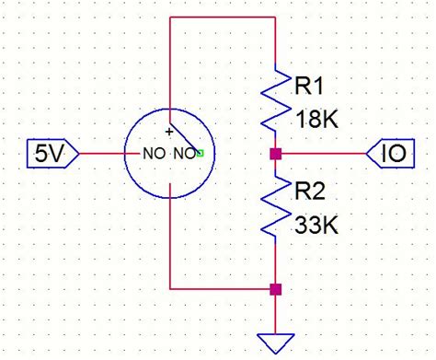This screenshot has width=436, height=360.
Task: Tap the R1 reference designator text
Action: click(x=311, y=87)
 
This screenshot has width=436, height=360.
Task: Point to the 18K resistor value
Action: click(x=318, y=119)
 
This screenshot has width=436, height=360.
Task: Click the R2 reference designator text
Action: click(x=311, y=192)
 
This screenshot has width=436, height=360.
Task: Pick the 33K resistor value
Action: click(x=318, y=224)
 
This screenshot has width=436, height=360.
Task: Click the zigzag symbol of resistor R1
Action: click(x=275, y=101)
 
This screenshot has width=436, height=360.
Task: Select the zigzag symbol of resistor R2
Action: click(x=275, y=207)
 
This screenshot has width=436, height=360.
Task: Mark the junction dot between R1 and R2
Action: click(x=275, y=154)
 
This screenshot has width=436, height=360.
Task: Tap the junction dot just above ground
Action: click(x=275, y=289)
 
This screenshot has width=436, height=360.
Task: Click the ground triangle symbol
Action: click(x=275, y=342)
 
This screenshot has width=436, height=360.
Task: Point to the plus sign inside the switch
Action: click(x=169, y=133)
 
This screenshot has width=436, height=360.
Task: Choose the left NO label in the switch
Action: click(x=153, y=154)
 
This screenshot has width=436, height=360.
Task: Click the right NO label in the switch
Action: click(x=185, y=154)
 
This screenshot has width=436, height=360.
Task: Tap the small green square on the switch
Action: click(x=200, y=154)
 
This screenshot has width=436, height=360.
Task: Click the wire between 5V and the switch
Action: click(x=103, y=153)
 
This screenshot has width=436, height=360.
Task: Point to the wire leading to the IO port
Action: click(x=322, y=154)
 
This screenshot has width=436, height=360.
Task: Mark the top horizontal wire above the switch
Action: click(x=223, y=19)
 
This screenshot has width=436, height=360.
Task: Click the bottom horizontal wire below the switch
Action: click(x=223, y=289)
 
